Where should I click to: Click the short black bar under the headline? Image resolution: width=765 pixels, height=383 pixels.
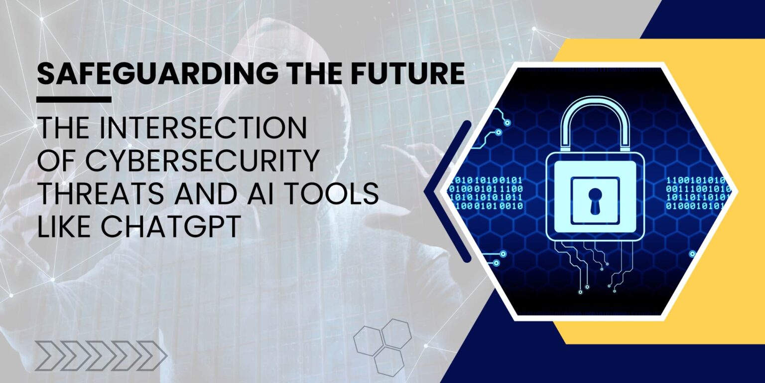point(74,99)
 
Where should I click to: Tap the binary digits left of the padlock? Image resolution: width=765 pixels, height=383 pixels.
point(486,192)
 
